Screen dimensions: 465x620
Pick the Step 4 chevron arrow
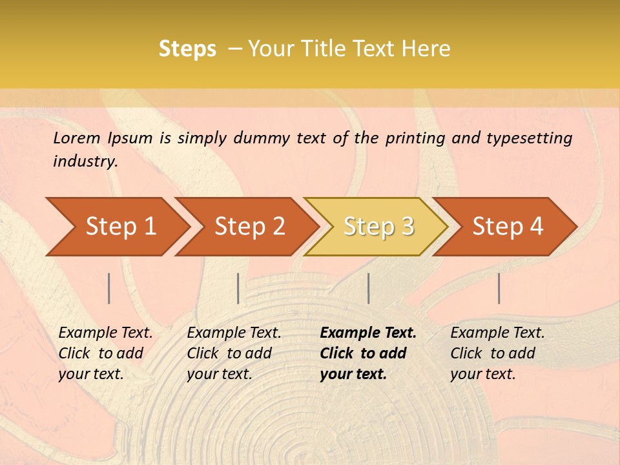click(506, 227)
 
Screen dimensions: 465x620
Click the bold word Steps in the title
click(187, 48)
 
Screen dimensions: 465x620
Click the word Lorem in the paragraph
click(76, 138)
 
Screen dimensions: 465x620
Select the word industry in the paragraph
click(85, 161)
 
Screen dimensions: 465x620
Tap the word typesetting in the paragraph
click(529, 138)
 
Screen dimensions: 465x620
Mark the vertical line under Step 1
click(109, 288)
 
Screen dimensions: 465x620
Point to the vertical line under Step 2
click(238, 288)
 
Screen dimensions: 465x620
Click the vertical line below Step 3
click(368, 288)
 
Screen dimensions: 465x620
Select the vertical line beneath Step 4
click(499, 288)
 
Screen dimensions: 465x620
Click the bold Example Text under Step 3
click(368, 333)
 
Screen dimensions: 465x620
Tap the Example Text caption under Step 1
click(105, 333)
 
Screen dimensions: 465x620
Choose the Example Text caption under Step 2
click(234, 333)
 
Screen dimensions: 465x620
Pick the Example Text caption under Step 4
click(497, 333)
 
